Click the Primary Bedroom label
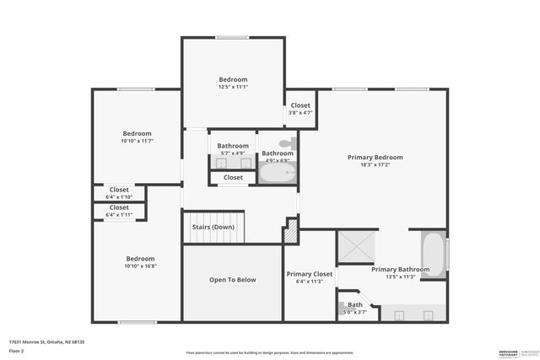pyautogui.click(x=375, y=157)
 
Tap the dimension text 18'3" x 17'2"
pyautogui.click(x=375, y=165)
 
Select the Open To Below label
pyautogui.click(x=232, y=280)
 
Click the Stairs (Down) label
pyautogui.click(x=212, y=227)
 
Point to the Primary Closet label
pyautogui.click(x=310, y=274)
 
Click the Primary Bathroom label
pyautogui.click(x=400, y=270)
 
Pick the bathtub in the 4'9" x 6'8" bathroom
pyautogui.click(x=277, y=174)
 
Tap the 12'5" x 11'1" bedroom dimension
pyautogui.click(x=233, y=87)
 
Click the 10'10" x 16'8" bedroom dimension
pyautogui.click(x=140, y=266)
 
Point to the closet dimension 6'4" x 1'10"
pyautogui.click(x=119, y=197)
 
